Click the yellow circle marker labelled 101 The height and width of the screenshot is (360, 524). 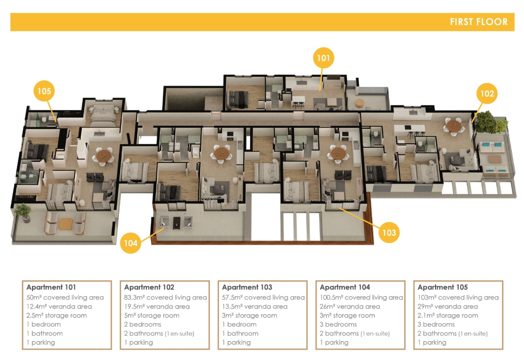(323, 58)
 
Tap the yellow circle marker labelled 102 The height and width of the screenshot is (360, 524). (487, 93)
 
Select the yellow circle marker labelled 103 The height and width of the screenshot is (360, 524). (389, 232)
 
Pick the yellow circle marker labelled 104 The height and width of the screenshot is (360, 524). (131, 243)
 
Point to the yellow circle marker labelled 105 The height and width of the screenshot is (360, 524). (44, 91)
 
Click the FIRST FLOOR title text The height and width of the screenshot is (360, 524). (479, 22)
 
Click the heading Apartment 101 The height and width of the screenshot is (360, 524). (51, 287)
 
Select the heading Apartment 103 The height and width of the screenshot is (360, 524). (247, 287)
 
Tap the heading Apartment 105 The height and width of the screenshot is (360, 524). (442, 287)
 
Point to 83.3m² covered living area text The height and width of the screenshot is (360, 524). (166, 297)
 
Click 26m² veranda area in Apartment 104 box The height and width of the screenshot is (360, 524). (350, 306)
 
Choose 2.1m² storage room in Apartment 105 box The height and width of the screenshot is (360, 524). (448, 315)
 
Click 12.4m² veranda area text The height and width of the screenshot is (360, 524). (59, 306)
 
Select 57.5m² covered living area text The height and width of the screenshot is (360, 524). (264, 297)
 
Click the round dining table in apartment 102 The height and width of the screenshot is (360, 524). (454, 126)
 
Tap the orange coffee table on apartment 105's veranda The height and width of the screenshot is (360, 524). (66, 224)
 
